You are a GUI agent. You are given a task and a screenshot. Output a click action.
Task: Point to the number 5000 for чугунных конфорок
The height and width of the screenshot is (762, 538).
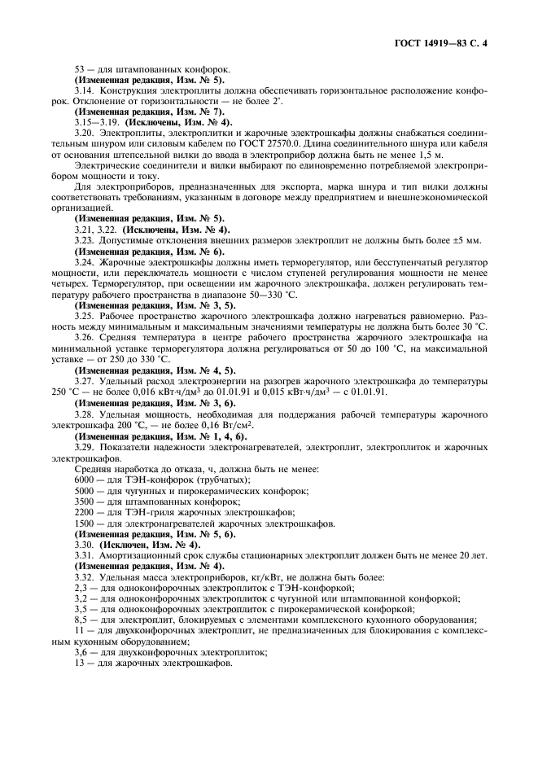[x=85, y=493]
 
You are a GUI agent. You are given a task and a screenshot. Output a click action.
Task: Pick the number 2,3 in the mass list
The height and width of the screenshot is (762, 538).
[x=81, y=588]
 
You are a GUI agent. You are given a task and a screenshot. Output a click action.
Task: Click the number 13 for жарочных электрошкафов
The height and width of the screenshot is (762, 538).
[x=79, y=663]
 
